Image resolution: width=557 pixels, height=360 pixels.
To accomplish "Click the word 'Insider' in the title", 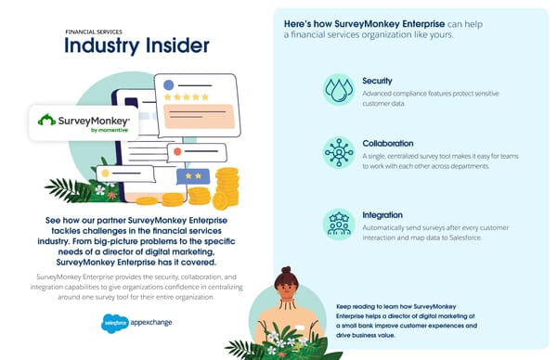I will point(174,46).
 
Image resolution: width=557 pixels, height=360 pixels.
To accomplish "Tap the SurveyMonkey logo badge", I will point(84,122).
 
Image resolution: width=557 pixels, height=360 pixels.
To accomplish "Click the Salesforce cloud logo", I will point(114,323).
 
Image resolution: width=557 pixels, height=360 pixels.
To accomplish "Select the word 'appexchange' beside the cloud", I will point(149,323).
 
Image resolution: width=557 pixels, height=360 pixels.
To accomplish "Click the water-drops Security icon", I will point(339,89).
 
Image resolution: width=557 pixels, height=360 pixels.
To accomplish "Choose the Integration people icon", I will point(339,224).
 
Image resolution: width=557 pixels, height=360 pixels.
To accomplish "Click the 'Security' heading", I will point(377,81).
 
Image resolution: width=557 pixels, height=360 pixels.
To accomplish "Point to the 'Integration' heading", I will point(382,214).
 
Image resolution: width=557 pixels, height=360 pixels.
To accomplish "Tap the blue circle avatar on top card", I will point(168,84).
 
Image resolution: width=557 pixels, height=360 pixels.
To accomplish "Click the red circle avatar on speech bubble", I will point(172,150).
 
